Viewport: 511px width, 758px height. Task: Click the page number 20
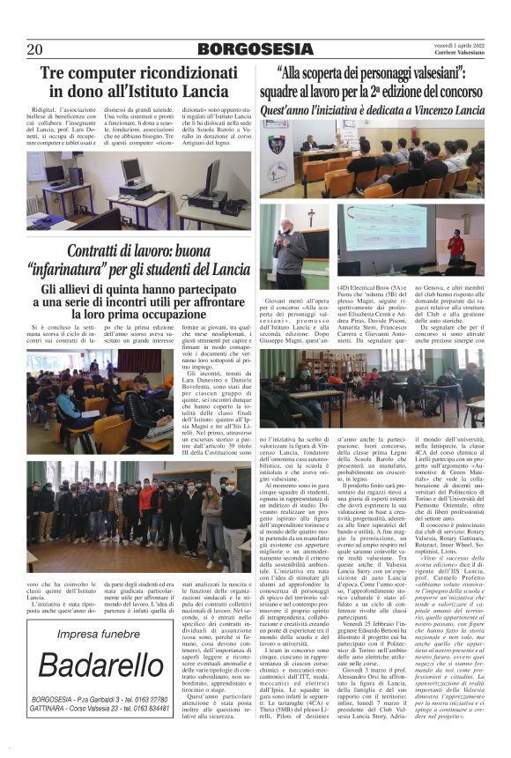(35, 49)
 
